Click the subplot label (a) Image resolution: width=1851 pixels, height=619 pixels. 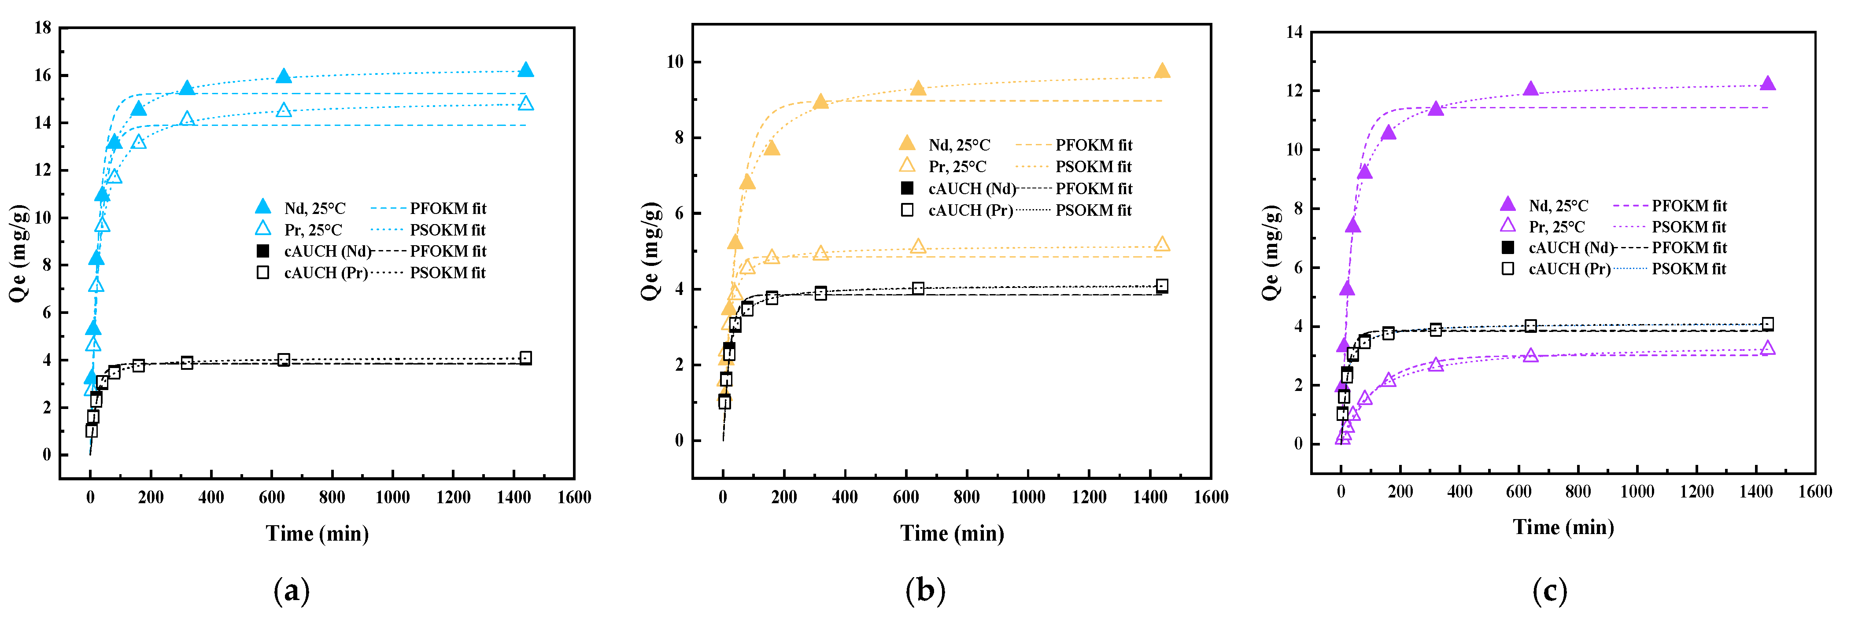click(x=292, y=591)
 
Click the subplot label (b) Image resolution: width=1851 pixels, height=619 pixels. click(x=926, y=591)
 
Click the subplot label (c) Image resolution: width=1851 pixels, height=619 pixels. click(x=1549, y=591)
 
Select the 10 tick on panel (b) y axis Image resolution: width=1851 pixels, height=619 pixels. click(x=675, y=62)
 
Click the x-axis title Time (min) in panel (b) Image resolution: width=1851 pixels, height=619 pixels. click(x=952, y=534)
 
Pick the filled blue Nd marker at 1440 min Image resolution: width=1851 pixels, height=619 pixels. click(x=526, y=70)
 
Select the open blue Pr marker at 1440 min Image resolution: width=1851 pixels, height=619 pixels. click(x=526, y=103)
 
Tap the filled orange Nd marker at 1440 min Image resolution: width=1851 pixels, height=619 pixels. click(x=1162, y=70)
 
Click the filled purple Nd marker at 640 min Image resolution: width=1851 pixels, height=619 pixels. click(x=1530, y=89)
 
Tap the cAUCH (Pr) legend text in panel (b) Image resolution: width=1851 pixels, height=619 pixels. click(x=970, y=210)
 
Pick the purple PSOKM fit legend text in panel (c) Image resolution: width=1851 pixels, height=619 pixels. click(x=1688, y=227)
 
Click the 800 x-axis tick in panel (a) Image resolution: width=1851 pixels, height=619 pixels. click(x=332, y=497)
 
